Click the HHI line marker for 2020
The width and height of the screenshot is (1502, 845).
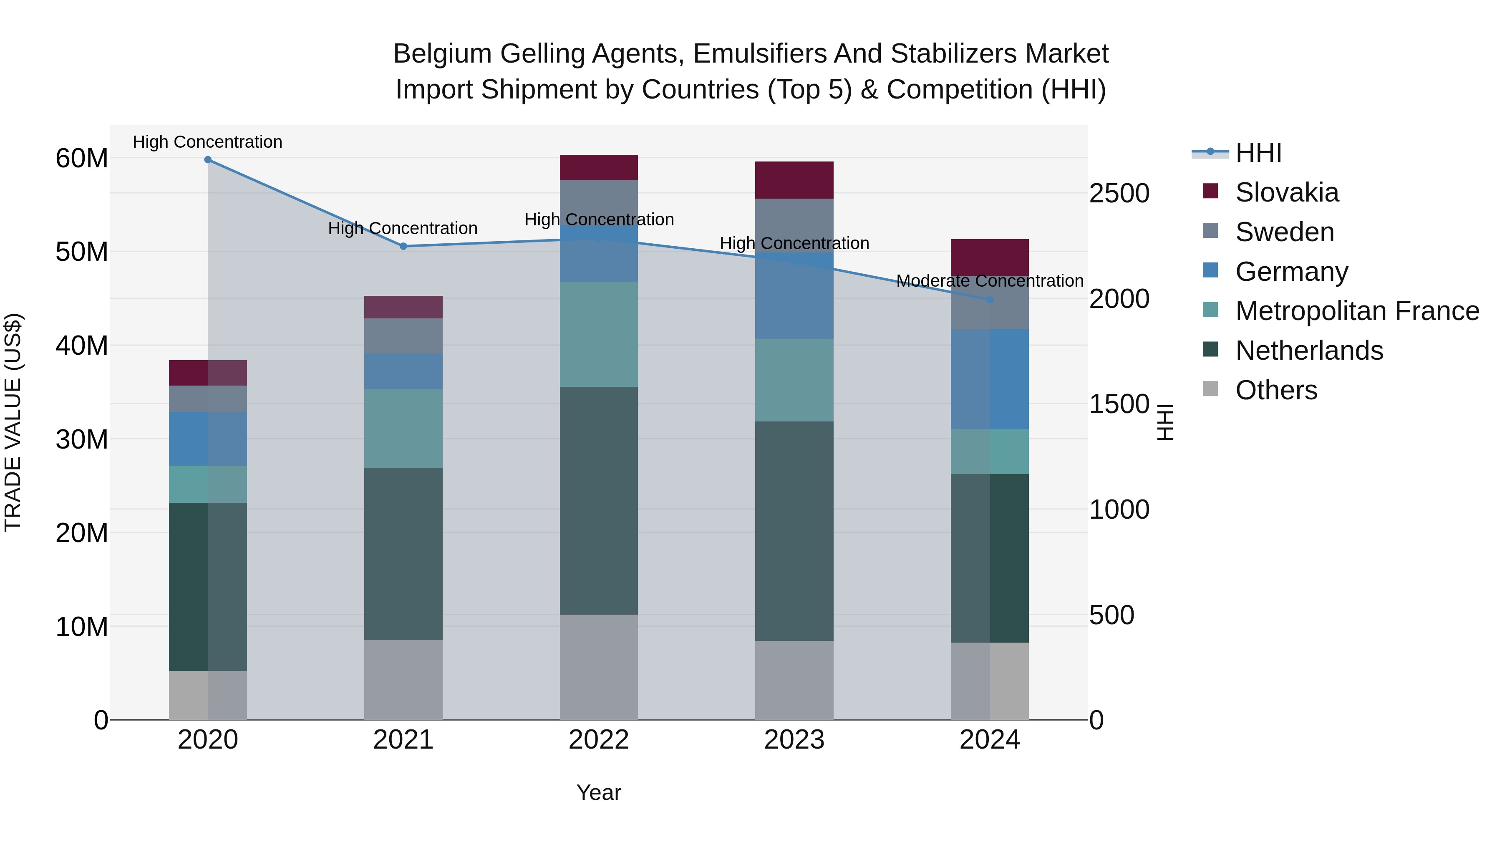(x=208, y=160)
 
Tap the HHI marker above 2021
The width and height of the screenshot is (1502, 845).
(x=403, y=246)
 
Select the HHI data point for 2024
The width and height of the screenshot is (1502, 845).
(x=990, y=300)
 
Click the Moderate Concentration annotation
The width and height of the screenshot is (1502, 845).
(x=990, y=281)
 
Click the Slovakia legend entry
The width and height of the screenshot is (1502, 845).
(x=1286, y=192)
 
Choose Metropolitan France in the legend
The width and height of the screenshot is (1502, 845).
(x=1357, y=311)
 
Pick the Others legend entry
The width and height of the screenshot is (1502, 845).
(x=1276, y=390)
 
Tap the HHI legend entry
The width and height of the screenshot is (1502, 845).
(x=1258, y=153)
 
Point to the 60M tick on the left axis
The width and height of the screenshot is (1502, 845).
(x=82, y=159)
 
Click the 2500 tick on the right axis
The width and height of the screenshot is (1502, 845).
(x=1119, y=194)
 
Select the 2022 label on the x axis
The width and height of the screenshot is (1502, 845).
(x=598, y=740)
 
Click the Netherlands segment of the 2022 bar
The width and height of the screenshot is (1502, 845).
(x=598, y=500)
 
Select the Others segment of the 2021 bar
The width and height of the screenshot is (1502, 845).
(x=403, y=679)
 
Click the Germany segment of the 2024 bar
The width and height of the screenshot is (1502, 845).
(x=990, y=379)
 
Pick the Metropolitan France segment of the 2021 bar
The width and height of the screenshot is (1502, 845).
(x=403, y=429)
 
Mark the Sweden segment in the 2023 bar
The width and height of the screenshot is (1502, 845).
(x=794, y=224)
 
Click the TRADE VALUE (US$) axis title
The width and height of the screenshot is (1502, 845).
(x=13, y=423)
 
